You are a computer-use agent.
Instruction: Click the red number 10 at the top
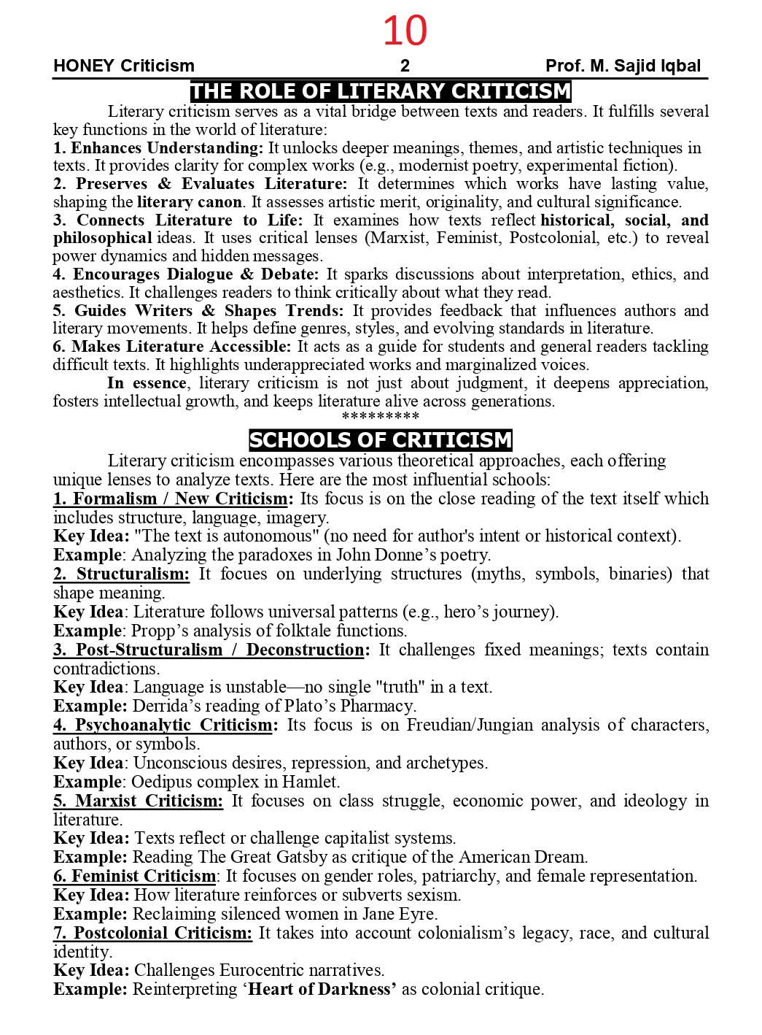pos(405,31)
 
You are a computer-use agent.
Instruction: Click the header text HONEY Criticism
pos(124,66)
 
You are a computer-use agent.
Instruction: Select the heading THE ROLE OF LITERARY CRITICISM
pos(380,91)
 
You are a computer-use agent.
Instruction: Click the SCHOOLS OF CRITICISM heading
pos(380,440)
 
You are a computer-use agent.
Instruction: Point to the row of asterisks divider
pos(380,417)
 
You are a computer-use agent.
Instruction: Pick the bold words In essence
pos(147,383)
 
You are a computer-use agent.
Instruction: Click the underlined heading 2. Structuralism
pos(122,574)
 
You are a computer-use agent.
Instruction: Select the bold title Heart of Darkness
pos(322,990)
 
